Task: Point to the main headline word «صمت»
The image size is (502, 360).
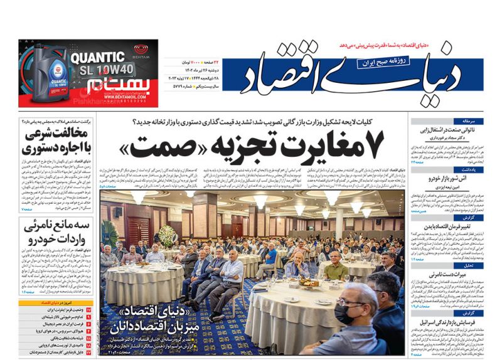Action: pyautogui.click(x=157, y=146)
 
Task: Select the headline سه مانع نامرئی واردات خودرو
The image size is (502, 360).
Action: pyautogui.click(x=57, y=233)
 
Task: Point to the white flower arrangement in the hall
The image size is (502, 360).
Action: pyautogui.click(x=167, y=235)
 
